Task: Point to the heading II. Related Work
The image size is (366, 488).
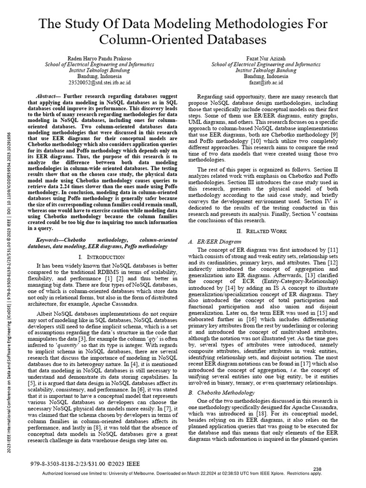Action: [x=266, y=231]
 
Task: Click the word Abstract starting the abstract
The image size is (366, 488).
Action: [x=49, y=96]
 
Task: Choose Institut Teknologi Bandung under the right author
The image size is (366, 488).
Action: [x=270, y=70]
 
